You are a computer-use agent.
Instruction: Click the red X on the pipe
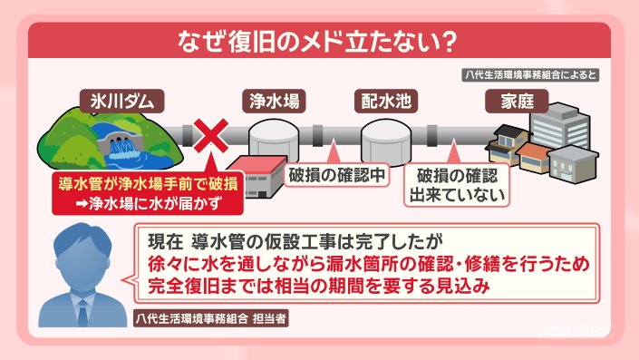[210, 136]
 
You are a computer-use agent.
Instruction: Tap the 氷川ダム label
[121, 102]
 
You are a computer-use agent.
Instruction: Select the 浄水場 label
[275, 102]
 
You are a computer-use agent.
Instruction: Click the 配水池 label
[386, 102]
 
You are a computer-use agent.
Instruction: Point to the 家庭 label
[517, 102]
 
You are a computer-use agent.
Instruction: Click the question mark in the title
[450, 42]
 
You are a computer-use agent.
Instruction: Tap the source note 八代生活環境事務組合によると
[530, 75]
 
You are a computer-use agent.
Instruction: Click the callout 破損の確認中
[336, 175]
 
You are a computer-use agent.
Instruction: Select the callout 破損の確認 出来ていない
[457, 185]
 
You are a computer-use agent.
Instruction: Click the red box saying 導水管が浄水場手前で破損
[148, 193]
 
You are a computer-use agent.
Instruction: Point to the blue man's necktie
[82, 312]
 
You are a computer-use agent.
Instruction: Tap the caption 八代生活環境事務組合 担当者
[211, 318]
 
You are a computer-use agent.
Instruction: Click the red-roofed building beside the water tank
[257, 177]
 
